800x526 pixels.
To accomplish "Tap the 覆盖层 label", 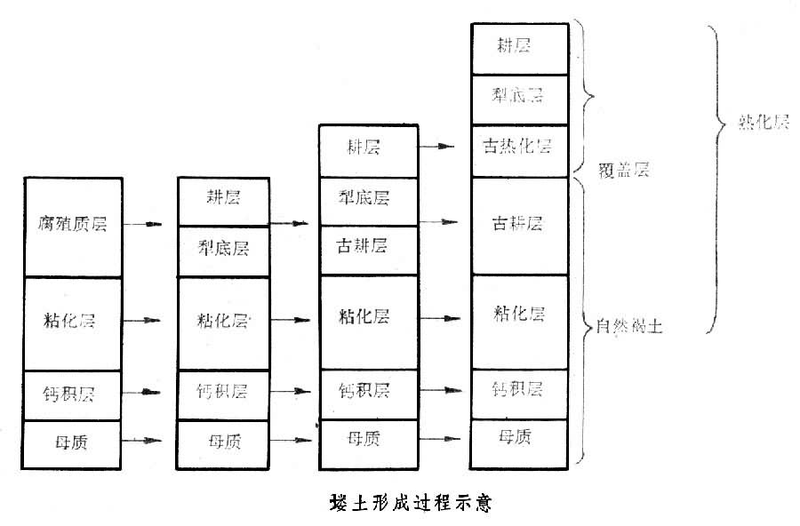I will (623, 170).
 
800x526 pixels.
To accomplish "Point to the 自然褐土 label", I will (629, 328).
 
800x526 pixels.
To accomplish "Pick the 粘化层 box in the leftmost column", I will (72, 322).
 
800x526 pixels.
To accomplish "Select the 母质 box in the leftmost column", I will (72, 441).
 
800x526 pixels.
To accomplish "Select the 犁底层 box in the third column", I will (368, 196).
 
